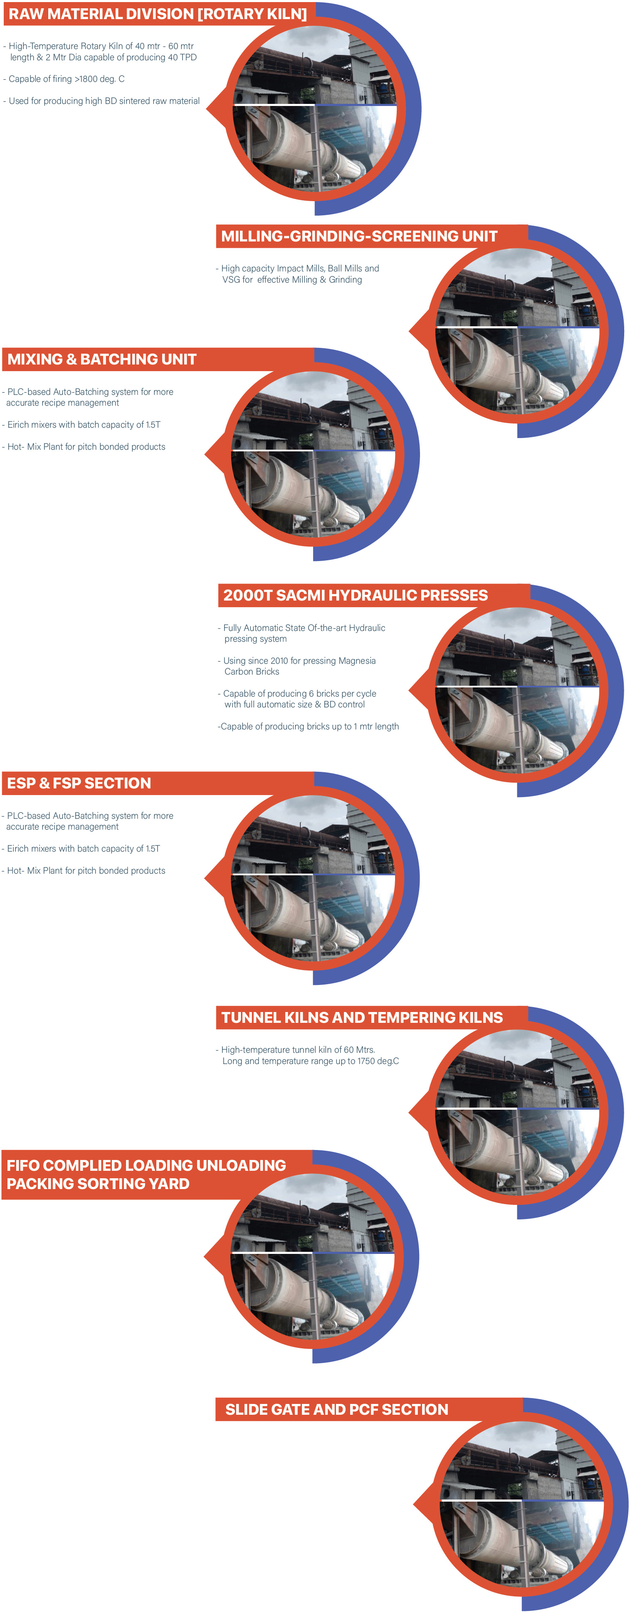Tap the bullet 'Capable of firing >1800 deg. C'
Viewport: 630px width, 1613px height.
point(66,79)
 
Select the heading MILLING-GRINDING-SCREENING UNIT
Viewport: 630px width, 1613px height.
point(359,236)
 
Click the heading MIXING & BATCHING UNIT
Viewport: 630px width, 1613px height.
point(101,360)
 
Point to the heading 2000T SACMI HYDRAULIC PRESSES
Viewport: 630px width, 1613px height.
point(355,596)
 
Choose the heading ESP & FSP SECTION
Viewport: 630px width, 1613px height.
point(79,783)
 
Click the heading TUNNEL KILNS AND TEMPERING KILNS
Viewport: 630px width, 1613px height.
point(362,1017)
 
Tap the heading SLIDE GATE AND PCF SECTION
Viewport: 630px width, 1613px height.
point(336,1409)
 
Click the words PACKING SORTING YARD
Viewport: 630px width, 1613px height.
point(98,1184)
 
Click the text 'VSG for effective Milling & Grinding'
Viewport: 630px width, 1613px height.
point(292,280)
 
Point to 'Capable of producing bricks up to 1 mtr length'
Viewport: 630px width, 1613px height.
point(309,726)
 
